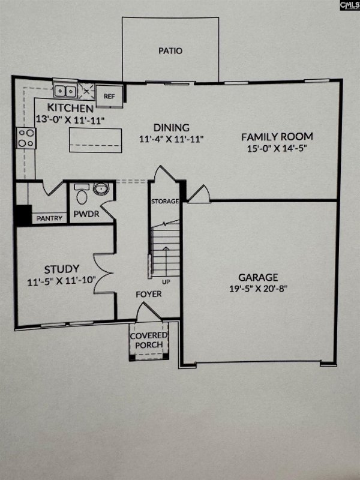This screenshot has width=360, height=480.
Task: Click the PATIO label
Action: pyautogui.click(x=170, y=51)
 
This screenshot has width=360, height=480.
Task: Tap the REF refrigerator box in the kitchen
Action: pyautogui.click(x=109, y=96)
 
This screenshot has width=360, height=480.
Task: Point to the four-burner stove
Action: pyautogui.click(x=26, y=138)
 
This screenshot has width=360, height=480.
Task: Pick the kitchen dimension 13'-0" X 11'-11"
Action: pyautogui.click(x=70, y=119)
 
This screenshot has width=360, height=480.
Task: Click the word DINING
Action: pyautogui.click(x=171, y=127)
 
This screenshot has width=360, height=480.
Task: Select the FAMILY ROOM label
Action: pyautogui.click(x=277, y=136)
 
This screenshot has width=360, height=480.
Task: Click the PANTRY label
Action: pyautogui.click(x=50, y=218)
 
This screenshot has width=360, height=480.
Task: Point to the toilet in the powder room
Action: pyautogui.click(x=82, y=195)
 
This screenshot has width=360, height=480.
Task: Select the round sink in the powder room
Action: pyautogui.click(x=101, y=190)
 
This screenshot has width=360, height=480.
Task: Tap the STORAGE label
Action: pyautogui.click(x=165, y=201)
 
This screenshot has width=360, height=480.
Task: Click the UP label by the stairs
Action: pyautogui.click(x=164, y=280)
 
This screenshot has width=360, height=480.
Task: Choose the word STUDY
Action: pyautogui.click(x=61, y=269)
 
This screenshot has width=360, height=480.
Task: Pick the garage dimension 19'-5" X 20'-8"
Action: pyautogui.click(x=259, y=289)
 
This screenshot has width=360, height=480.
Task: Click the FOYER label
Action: pyautogui.click(x=148, y=295)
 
